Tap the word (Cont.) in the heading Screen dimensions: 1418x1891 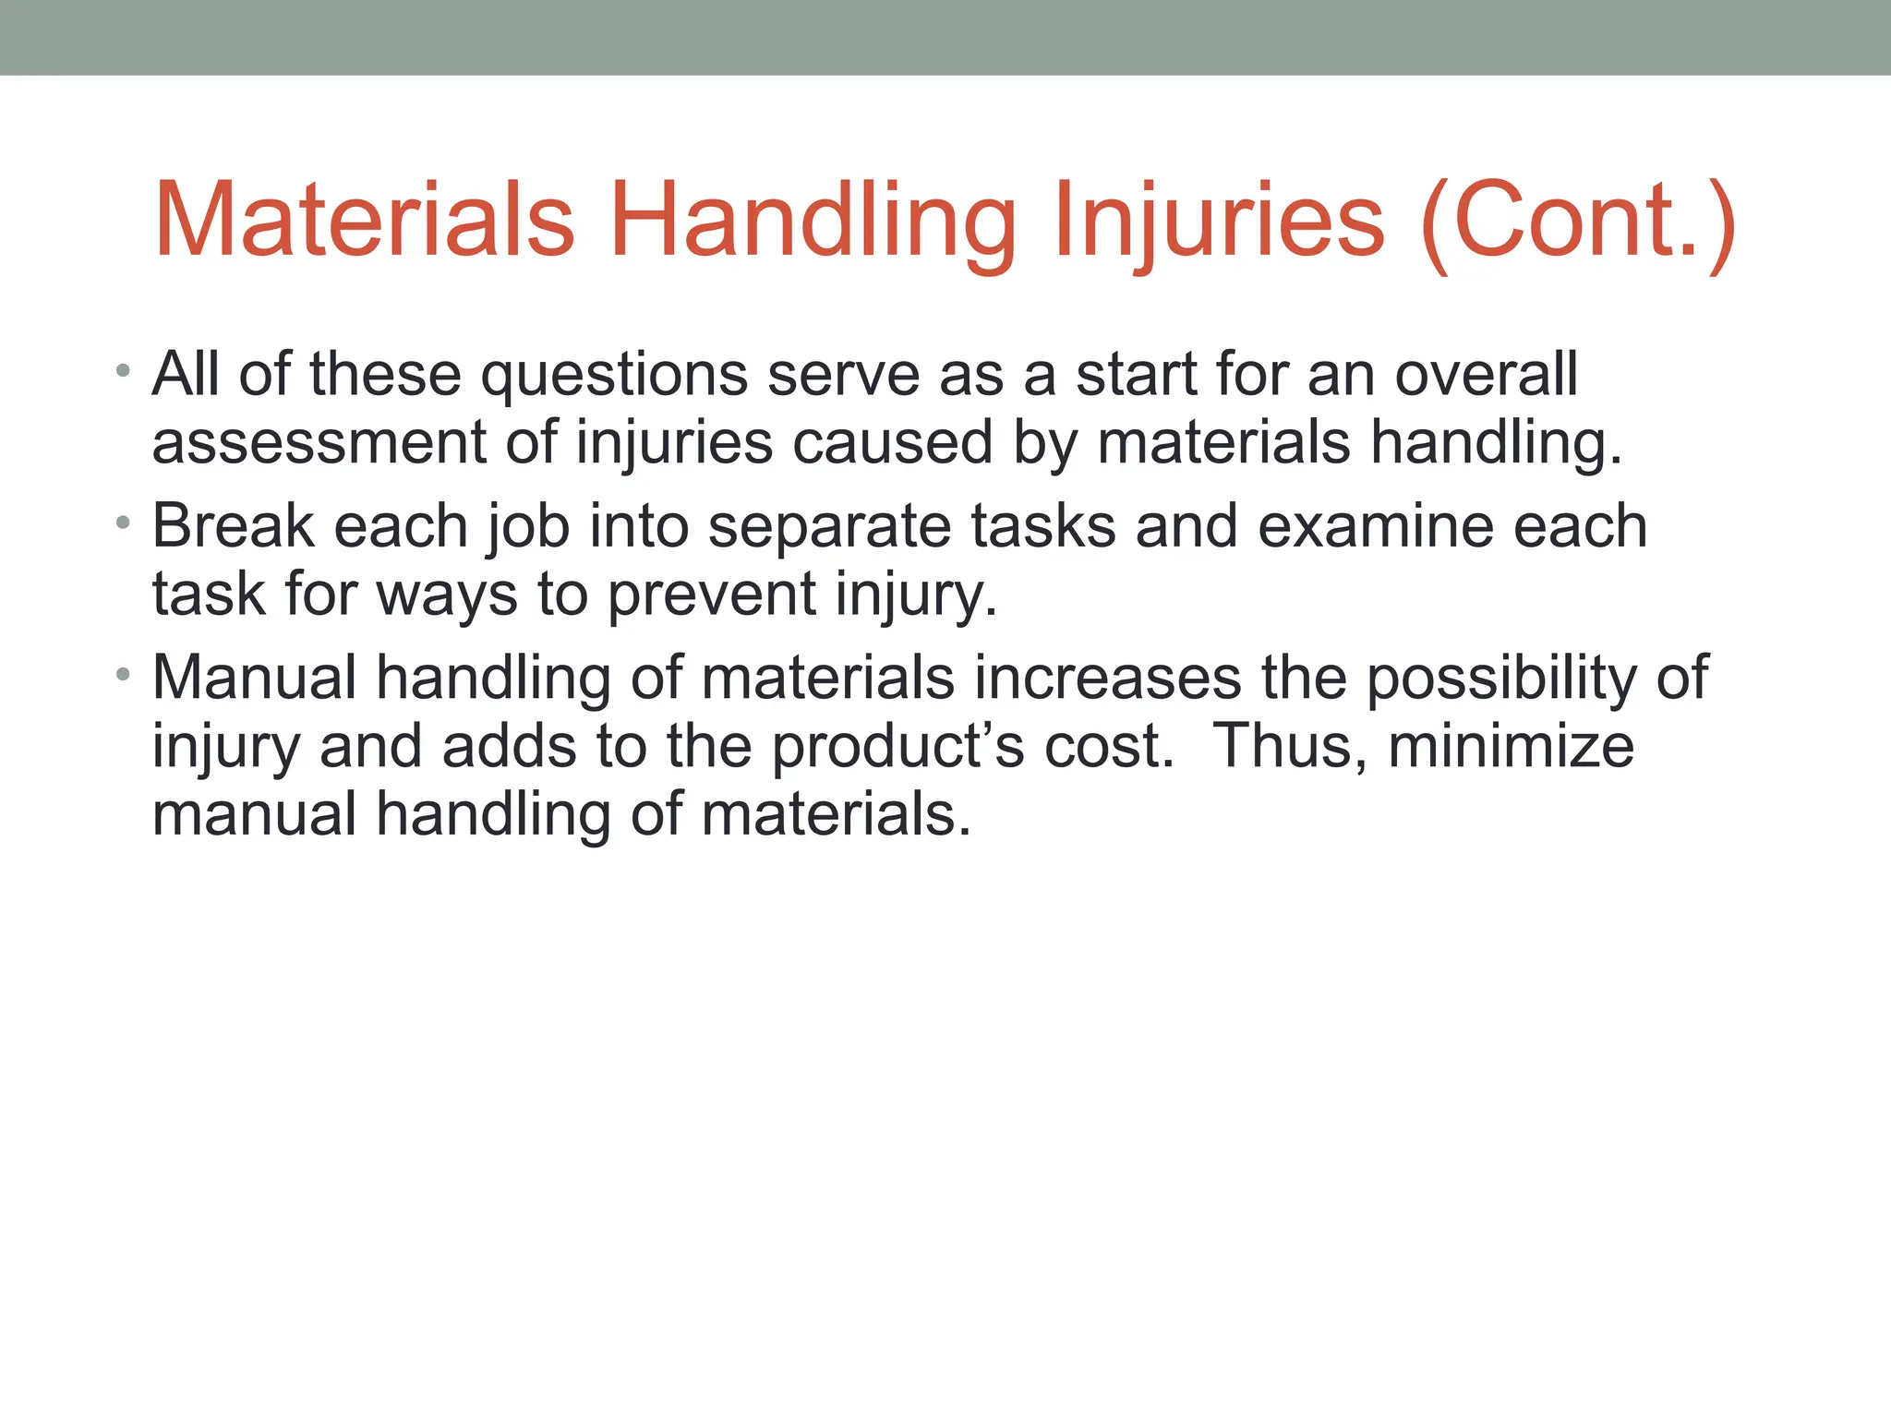click(1579, 222)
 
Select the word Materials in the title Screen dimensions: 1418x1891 click(365, 222)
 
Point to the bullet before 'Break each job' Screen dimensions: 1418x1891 click(123, 524)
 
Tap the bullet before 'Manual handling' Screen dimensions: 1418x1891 click(123, 676)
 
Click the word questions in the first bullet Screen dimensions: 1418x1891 click(614, 377)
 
